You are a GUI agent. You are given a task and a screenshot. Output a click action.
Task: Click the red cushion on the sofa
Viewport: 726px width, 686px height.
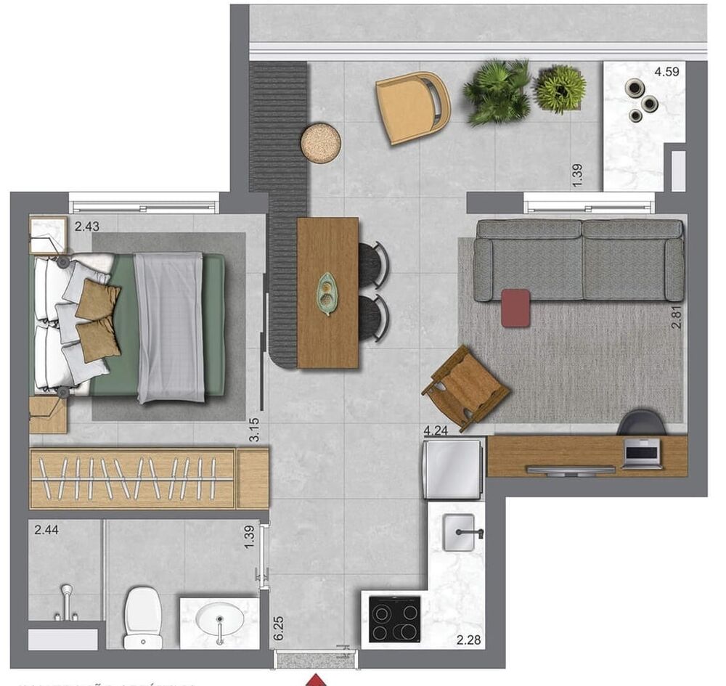[x=515, y=307]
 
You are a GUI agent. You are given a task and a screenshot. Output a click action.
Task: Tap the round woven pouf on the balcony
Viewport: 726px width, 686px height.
[x=320, y=143]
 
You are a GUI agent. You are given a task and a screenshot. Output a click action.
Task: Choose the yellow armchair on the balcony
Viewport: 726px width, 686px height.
[x=412, y=107]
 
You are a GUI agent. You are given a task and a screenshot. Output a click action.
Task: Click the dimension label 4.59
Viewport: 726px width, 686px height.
[x=669, y=71]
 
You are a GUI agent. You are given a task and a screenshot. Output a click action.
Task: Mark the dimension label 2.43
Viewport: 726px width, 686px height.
[x=86, y=226]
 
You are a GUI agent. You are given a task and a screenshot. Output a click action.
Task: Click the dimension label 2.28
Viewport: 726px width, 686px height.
[x=468, y=640]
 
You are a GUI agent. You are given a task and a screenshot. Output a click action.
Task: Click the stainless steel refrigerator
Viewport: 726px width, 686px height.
[x=454, y=468]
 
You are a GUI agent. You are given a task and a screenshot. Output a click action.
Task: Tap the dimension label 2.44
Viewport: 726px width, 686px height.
[x=46, y=530]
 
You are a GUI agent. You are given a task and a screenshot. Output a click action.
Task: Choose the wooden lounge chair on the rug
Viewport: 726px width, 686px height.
[x=465, y=387]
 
